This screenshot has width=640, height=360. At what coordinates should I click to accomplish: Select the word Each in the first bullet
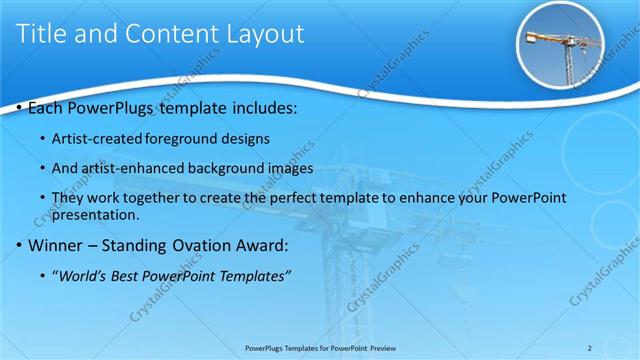click(x=47, y=106)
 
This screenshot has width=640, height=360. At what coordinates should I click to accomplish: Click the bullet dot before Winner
click(x=21, y=245)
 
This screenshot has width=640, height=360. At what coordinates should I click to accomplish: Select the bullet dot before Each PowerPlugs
click(x=21, y=106)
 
